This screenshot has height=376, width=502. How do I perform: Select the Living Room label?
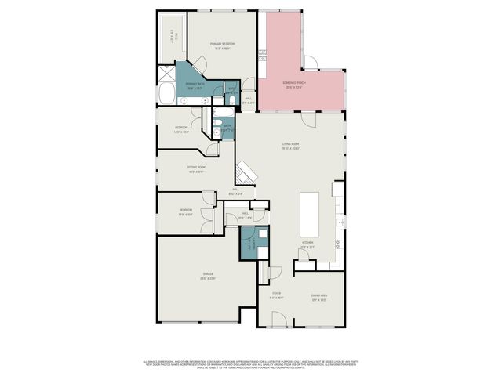pos(292,146)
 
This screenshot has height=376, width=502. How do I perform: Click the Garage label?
pos(208,276)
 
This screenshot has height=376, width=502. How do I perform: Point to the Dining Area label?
pos(318,297)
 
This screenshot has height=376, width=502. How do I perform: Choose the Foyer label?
pos(276,297)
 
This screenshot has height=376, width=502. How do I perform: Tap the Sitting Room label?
pos(196,170)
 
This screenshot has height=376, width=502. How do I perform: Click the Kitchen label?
pos(307,245)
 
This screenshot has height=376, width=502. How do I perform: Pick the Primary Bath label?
pos(195,86)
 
